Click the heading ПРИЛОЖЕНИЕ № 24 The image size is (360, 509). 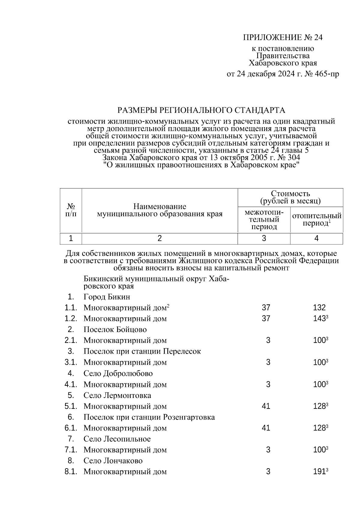click(283, 37)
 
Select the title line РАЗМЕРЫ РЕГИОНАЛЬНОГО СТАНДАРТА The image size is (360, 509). click(201, 110)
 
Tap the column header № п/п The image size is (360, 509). click(71, 210)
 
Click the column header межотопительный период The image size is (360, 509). click(264, 220)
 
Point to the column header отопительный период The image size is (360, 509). click(316, 220)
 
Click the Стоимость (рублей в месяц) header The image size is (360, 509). click(290, 197)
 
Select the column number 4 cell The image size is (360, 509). click(316, 238)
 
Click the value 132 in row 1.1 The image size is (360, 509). click(319, 307)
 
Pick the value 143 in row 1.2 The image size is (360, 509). click(319, 319)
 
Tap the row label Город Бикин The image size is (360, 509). click(107, 297)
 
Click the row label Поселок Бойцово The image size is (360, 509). click(115, 330)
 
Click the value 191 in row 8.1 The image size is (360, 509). click(319, 472)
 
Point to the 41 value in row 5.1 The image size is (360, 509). click(266, 406)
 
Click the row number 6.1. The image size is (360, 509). click(71, 428)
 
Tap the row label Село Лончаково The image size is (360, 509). click(113, 461)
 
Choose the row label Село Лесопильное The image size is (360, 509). click(117, 439)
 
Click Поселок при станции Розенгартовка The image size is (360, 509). click(149, 417)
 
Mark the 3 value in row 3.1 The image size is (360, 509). click(268, 362)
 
